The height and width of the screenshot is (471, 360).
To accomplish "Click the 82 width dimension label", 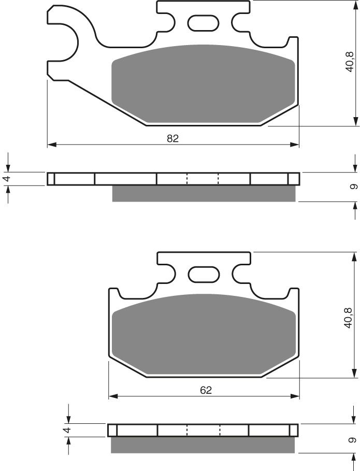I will tap(172, 138).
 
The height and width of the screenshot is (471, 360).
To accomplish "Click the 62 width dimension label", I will tap(206, 390).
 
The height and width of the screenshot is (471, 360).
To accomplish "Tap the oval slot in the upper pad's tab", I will tap(203, 23).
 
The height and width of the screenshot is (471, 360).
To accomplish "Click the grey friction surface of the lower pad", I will tap(203, 334).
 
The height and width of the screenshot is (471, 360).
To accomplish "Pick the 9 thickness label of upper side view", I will tap(352, 187).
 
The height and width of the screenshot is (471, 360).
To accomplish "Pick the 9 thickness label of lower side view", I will tap(352, 439).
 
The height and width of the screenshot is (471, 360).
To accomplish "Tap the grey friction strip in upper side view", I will tap(204, 193).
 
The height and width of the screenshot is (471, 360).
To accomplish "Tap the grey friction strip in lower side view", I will tap(204, 444).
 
